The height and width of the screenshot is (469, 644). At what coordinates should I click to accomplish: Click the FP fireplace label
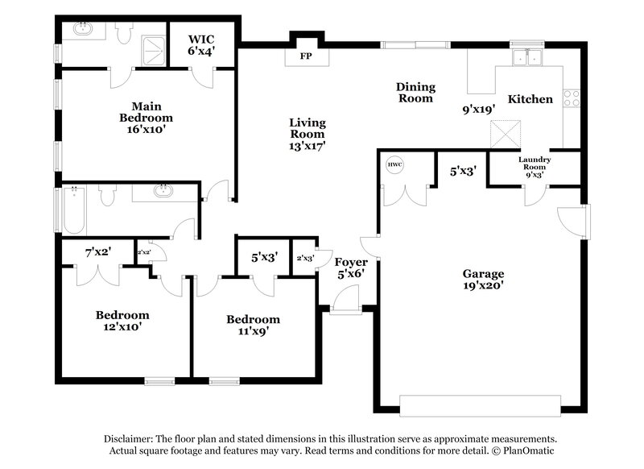[x=305, y=57]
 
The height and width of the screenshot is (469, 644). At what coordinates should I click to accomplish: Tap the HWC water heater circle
[x=394, y=165]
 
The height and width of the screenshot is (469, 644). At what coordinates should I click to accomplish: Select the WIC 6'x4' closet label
[x=201, y=44]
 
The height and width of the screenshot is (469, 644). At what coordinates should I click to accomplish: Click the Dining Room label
[x=415, y=93]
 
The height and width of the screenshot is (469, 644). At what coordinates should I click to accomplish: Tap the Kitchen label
[x=530, y=99]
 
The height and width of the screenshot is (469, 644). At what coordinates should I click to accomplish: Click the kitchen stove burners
[x=572, y=98]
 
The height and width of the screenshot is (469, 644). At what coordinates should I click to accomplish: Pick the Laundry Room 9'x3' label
[x=535, y=165]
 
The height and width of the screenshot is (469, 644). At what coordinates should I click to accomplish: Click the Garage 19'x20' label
[x=483, y=280]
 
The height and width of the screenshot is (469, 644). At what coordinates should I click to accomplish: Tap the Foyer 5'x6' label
[x=351, y=268]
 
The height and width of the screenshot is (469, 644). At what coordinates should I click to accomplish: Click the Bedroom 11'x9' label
[x=253, y=326]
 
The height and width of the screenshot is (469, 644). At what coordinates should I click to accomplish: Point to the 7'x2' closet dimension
[x=97, y=251]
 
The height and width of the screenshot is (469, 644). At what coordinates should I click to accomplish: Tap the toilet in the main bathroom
[x=123, y=33]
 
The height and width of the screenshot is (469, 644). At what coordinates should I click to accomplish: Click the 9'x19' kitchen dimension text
[x=478, y=108]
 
